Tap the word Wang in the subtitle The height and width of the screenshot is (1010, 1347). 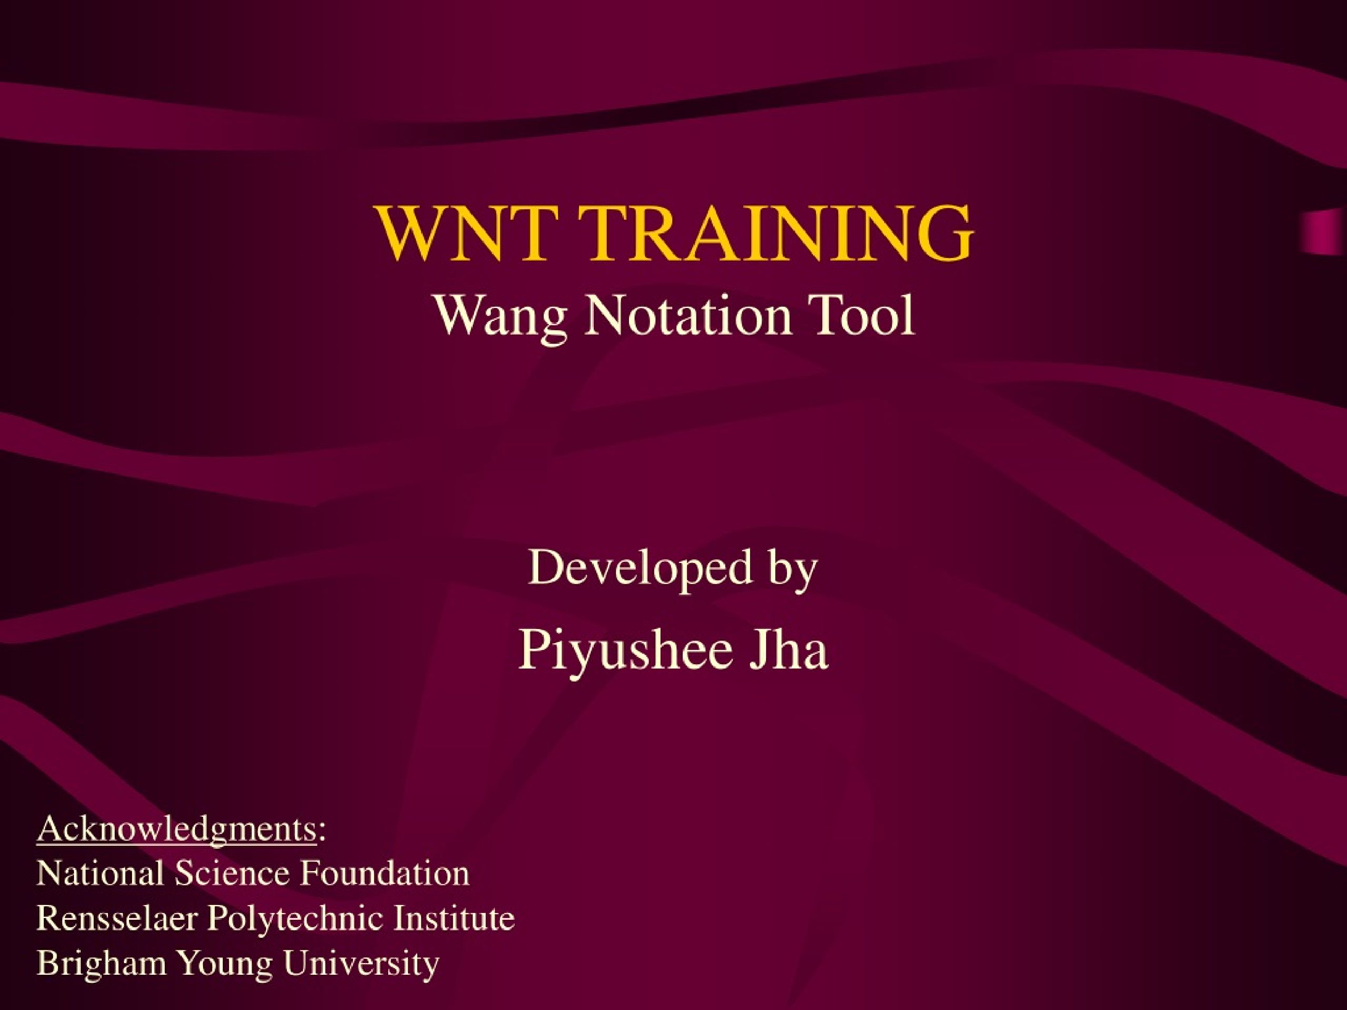click(x=500, y=317)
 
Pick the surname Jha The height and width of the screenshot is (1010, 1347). click(x=789, y=649)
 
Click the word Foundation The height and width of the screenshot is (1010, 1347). click(x=385, y=874)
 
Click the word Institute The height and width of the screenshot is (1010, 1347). click(x=454, y=918)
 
